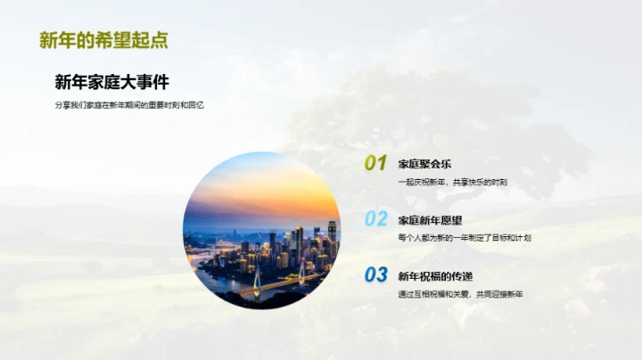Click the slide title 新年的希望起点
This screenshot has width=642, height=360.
pyautogui.click(x=103, y=40)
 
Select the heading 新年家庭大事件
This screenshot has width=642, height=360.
pyautogui.click(x=111, y=83)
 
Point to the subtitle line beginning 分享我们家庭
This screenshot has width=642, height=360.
pyautogui.click(x=129, y=106)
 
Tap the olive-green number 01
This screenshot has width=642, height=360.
pyautogui.click(x=375, y=163)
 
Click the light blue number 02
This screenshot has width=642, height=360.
pyautogui.click(x=376, y=218)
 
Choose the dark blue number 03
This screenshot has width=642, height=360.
pyautogui.click(x=376, y=274)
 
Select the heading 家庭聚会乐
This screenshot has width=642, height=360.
pyautogui.click(x=424, y=164)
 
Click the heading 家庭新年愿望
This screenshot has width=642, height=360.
pyautogui.click(x=430, y=220)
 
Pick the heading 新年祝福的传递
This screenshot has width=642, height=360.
pyautogui.click(x=436, y=275)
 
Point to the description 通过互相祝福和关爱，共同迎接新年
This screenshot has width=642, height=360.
pyautogui.click(x=460, y=294)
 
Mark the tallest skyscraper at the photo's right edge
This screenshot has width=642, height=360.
pyautogui.click(x=332, y=235)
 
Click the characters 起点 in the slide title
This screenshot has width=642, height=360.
pyautogui.click(x=150, y=40)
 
